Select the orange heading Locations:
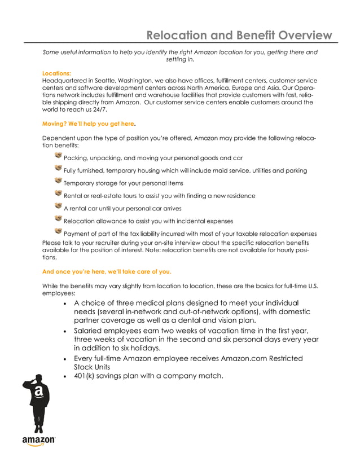56,73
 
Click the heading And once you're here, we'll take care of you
107,271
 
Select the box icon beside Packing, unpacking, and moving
58,156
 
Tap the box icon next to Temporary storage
58,181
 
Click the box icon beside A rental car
58,206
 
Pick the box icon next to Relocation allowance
58,219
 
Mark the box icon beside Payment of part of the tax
58,231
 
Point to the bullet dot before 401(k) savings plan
67,376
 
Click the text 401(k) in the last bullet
85,376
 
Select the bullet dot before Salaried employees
67,331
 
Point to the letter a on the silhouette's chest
38,391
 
